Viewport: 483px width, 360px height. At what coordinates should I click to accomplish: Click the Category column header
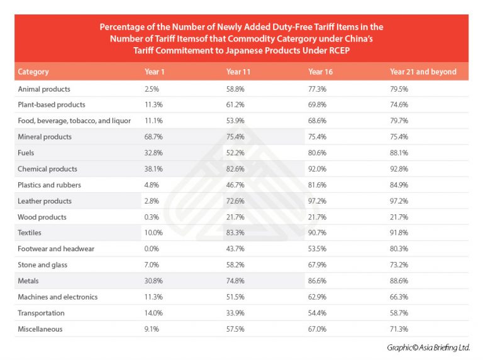(33, 72)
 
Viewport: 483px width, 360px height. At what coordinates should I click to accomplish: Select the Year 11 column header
(238, 72)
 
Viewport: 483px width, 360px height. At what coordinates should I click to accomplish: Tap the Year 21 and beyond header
(423, 72)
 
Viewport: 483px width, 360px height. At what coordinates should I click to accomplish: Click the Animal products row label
(44, 89)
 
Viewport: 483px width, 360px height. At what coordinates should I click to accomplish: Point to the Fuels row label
(26, 153)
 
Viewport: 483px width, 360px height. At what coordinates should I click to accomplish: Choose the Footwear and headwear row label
(56, 249)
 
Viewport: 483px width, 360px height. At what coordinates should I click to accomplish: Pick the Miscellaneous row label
(40, 329)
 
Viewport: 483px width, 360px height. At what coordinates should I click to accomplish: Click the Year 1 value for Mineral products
(153, 136)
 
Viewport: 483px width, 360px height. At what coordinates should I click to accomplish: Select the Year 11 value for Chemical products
(235, 169)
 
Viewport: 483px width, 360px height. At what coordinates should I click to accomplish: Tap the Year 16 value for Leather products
(317, 201)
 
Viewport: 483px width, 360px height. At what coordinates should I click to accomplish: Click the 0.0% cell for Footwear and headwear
(152, 249)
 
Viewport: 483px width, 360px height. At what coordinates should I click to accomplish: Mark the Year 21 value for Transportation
(399, 313)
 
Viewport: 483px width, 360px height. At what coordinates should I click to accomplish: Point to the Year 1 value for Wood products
(152, 217)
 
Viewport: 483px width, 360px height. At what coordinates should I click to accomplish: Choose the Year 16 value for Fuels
(317, 153)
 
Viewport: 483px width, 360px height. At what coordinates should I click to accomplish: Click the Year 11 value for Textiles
(235, 232)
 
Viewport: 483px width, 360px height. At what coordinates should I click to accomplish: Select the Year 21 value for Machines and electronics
(399, 297)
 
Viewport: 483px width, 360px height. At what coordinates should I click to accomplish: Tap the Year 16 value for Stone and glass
(317, 265)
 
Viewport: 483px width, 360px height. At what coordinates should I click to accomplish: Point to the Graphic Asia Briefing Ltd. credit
(428, 347)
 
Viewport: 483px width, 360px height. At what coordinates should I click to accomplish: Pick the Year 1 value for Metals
(153, 281)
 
